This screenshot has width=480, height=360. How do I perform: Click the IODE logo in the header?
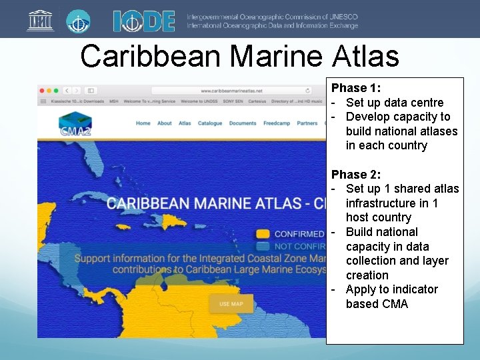(x=144, y=21)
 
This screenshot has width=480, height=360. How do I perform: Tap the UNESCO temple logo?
(x=40, y=21)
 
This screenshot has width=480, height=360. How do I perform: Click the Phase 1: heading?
(x=357, y=88)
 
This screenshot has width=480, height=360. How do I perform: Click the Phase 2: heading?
(x=357, y=175)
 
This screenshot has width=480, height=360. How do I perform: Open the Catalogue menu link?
(x=210, y=123)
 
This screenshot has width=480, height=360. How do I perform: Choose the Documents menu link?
(x=243, y=123)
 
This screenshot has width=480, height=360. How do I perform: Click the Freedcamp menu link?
(x=277, y=123)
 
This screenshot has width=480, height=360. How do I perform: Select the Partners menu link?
(x=307, y=123)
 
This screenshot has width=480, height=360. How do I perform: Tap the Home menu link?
(x=143, y=123)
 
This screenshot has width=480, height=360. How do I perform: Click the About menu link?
(x=165, y=123)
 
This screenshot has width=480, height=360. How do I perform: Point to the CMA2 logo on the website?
(x=75, y=125)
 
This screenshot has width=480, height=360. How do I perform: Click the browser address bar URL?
(x=231, y=91)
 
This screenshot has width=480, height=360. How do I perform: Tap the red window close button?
(x=41, y=91)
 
